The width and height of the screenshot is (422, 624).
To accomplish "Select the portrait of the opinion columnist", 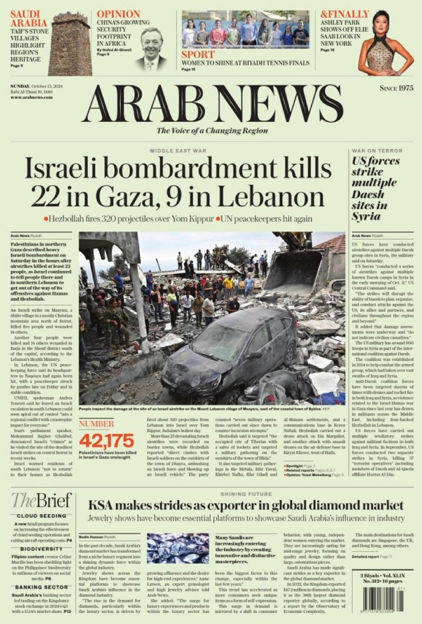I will click(x=151, y=48).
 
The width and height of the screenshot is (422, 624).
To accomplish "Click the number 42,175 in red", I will click(x=106, y=440).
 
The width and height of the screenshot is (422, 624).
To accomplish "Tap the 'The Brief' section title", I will click(x=41, y=500).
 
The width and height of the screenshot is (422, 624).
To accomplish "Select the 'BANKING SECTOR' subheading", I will click(x=41, y=587).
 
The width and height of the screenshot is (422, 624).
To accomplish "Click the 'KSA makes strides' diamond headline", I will click(x=246, y=504).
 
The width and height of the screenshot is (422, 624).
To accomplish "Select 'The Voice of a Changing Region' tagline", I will click(x=212, y=130).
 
